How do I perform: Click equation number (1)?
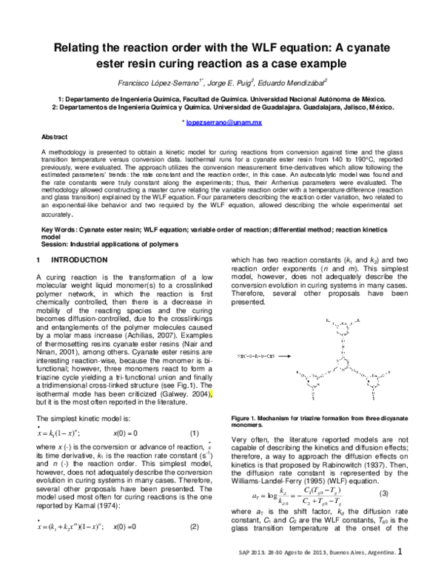pyautogui.click(x=195, y=432)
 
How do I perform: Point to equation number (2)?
pyautogui.click(x=195, y=527)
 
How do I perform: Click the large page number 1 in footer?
pyautogui.click(x=400, y=550)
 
